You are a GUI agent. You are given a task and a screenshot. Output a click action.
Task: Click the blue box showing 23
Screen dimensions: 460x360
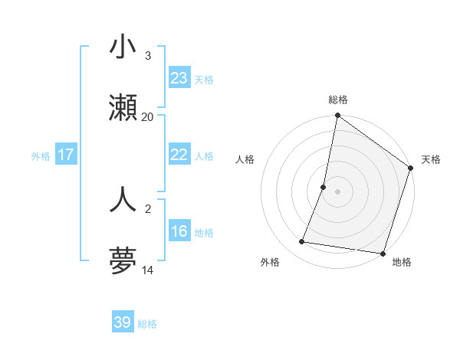179,78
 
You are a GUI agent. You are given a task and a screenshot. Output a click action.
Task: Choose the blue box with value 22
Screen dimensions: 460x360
179,155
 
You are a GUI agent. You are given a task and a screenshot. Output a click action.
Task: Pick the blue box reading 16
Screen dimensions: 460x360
179,231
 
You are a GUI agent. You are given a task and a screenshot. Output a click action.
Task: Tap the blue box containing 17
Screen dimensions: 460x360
66,155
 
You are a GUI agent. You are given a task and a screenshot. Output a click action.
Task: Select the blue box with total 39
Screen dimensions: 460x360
123,322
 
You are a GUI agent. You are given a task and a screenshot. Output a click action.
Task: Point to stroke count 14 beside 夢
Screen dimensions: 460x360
147,270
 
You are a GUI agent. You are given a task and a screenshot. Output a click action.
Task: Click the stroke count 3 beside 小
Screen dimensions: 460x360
147,56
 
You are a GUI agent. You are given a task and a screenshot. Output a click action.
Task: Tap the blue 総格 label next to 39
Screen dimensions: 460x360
147,324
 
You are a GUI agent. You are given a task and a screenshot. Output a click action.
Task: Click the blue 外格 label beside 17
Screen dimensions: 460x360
41,155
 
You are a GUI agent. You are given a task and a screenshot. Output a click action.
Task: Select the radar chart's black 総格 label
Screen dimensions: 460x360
338,100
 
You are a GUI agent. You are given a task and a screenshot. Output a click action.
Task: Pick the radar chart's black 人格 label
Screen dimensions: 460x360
245,160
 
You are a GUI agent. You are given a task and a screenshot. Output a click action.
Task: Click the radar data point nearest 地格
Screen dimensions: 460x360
382,253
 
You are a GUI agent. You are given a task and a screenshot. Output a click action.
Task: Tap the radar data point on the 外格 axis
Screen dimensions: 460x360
302,242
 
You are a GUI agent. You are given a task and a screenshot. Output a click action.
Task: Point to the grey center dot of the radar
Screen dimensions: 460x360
338,191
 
